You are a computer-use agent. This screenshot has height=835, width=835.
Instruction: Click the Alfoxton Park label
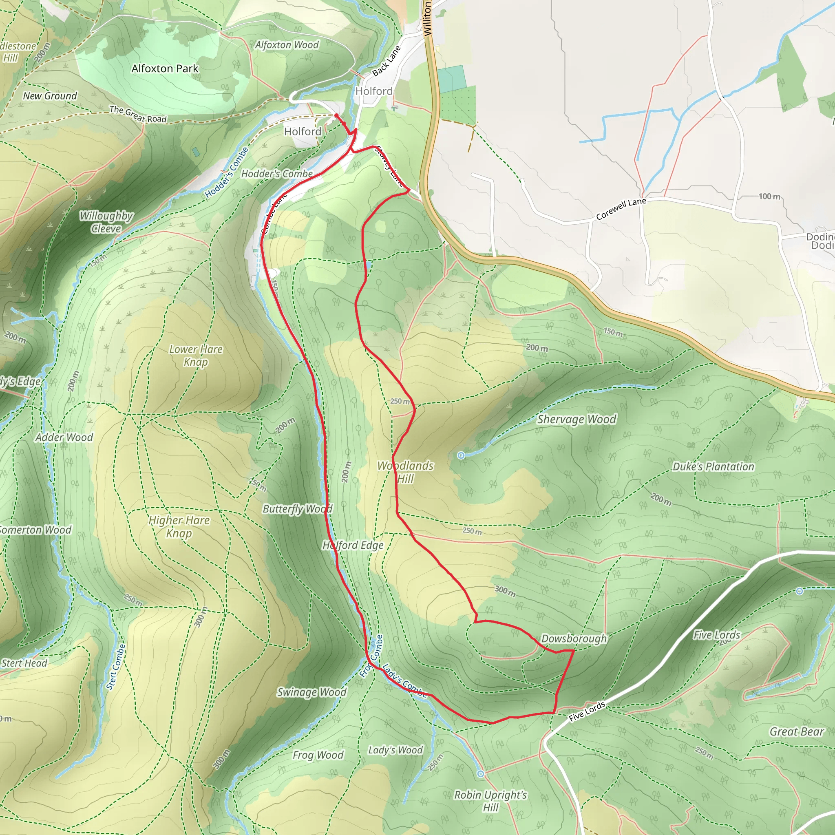point(165,69)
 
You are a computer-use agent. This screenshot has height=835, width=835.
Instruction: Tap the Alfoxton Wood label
point(287,45)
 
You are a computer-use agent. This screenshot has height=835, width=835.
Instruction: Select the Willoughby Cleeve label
point(106,222)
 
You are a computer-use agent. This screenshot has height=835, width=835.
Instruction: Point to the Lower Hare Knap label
point(196,355)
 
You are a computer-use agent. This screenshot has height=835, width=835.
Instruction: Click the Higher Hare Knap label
point(179,526)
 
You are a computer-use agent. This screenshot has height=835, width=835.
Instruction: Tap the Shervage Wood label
point(577,419)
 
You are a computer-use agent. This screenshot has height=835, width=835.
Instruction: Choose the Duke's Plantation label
point(713,467)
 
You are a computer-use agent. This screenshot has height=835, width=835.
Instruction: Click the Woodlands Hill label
point(405,472)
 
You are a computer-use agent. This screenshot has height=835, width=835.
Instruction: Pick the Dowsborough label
point(574,639)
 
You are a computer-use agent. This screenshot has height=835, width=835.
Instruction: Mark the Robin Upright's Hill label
point(490,801)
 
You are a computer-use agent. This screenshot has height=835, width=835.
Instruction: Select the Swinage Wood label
point(311,692)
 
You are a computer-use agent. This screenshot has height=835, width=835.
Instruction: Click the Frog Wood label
point(318,755)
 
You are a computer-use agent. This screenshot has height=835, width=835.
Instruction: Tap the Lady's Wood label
point(395,750)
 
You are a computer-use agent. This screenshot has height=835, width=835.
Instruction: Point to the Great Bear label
point(797,732)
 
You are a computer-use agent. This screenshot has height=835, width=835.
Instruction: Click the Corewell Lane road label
point(621,209)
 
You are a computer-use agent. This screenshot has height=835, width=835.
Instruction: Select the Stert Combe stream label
point(116,667)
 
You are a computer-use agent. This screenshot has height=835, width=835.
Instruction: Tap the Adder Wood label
point(64,437)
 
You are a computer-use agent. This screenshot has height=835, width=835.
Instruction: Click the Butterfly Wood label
point(297,509)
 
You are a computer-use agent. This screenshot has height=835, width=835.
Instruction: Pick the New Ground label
point(50,96)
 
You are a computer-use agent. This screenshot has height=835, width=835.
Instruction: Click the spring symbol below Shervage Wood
point(461,455)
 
